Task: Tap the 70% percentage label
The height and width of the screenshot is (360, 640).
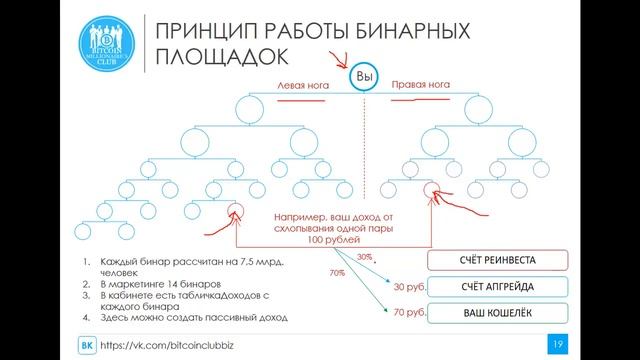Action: [x=337, y=272]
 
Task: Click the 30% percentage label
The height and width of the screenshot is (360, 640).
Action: [x=366, y=257]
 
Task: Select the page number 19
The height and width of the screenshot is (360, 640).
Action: [x=559, y=344]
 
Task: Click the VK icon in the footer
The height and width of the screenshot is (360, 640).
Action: [x=87, y=345]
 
